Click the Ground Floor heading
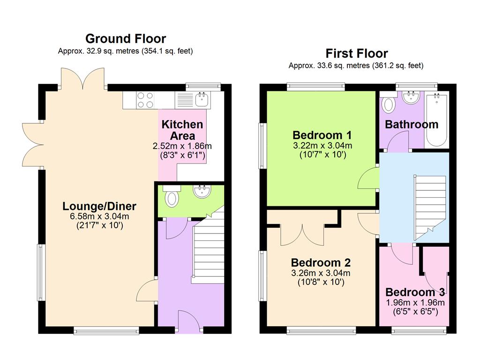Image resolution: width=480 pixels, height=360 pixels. [126, 39]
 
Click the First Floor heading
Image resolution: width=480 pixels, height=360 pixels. [357, 53]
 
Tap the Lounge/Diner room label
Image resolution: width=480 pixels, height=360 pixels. [99, 206]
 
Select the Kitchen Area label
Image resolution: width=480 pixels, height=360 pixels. [182, 130]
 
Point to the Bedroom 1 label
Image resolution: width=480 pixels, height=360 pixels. [322, 135]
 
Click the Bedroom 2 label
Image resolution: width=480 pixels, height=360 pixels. [321, 262]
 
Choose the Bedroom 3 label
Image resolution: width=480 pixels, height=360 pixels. [415, 292]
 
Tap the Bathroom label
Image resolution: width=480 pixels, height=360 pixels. [412, 125]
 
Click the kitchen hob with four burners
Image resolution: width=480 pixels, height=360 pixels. [145, 100]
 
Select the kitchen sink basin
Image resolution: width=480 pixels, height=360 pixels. [202, 99]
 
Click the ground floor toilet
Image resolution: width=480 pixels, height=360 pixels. [172, 196]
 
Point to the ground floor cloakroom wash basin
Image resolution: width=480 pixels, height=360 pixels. [202, 191]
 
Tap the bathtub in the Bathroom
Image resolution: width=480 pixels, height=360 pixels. [436, 120]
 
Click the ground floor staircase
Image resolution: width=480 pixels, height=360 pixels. [208, 248]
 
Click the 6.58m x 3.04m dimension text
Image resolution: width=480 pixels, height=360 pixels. [99, 217]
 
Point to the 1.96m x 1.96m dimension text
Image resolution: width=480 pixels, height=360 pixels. [415, 303]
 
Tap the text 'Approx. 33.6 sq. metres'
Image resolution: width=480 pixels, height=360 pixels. [330, 66]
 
